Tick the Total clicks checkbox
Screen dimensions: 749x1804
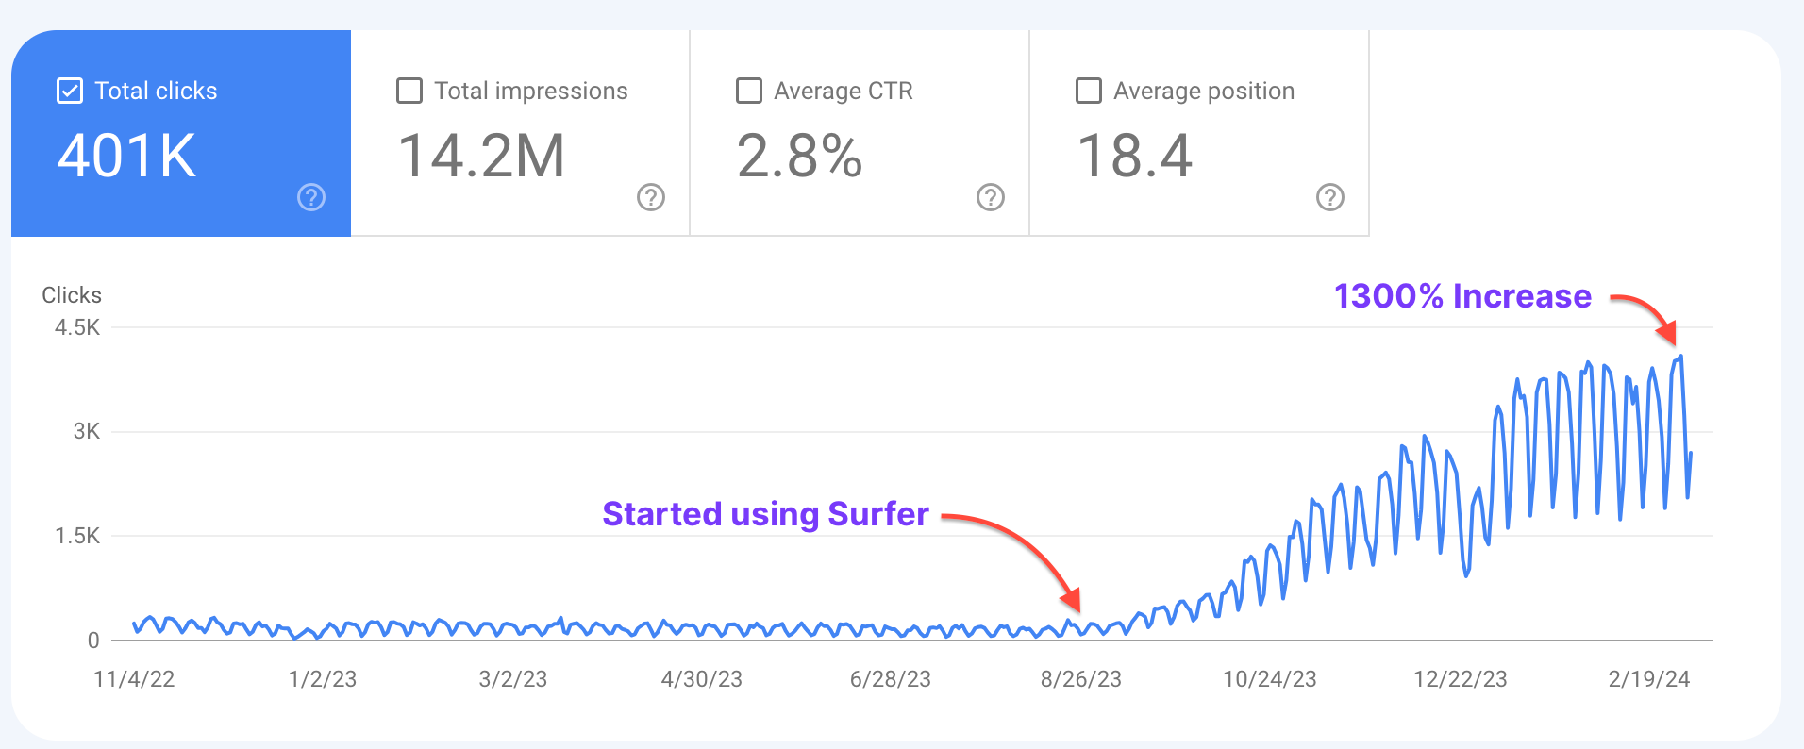tap(70, 91)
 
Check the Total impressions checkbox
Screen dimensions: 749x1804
tap(409, 91)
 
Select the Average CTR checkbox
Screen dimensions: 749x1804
tap(749, 91)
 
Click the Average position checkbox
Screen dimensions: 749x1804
tap(1089, 91)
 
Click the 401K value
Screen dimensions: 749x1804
tap(127, 156)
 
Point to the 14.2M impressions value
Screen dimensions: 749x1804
tap(481, 156)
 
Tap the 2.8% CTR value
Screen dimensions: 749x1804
tap(799, 156)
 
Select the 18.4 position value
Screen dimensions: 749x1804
tap(1134, 156)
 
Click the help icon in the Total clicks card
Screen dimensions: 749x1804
tap(311, 197)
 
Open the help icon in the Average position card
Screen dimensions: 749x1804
tap(1330, 197)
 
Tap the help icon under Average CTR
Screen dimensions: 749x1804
tap(991, 197)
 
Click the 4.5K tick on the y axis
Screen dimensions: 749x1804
tap(77, 327)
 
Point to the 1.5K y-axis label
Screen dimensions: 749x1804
tap(77, 536)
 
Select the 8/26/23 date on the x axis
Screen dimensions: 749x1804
tap(1080, 679)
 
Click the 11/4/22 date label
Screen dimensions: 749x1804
tap(134, 679)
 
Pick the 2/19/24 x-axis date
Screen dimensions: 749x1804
tap(1648, 679)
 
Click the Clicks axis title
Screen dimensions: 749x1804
tap(72, 295)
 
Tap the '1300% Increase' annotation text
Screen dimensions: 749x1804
tap(1462, 296)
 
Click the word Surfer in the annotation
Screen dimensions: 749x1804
tap(878, 514)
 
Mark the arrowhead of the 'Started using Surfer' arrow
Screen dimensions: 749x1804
tap(1073, 601)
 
